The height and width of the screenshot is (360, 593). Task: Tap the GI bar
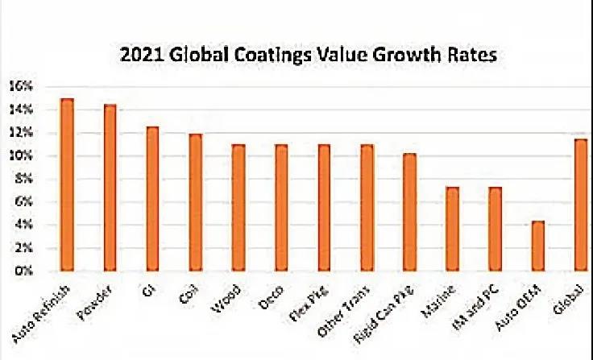click(x=152, y=199)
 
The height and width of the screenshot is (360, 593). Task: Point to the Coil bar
click(x=195, y=202)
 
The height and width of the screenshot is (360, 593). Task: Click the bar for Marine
click(x=453, y=230)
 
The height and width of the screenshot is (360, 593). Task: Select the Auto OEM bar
click(x=538, y=246)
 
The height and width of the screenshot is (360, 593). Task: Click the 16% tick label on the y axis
click(x=20, y=85)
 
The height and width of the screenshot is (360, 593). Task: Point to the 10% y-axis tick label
click(x=20, y=155)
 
